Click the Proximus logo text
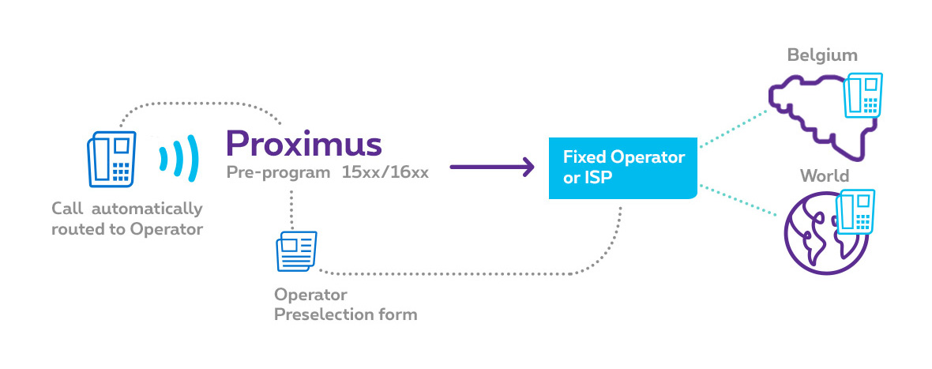click(x=303, y=143)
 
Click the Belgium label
click(x=822, y=55)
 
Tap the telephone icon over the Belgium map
click(x=864, y=96)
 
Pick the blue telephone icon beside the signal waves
click(x=111, y=159)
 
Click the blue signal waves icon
click(x=176, y=159)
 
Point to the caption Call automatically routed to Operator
click(x=127, y=219)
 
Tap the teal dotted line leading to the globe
click(x=738, y=203)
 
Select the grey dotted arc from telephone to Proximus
click(x=197, y=104)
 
